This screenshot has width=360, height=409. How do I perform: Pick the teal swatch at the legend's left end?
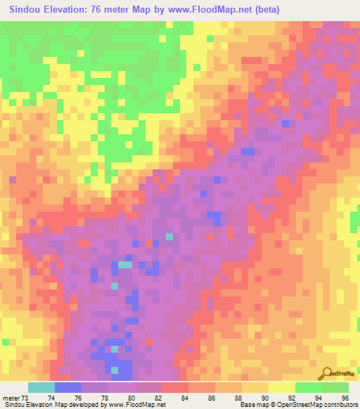click(x=41, y=387)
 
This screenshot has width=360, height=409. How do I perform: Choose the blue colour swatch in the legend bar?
click(x=68, y=387)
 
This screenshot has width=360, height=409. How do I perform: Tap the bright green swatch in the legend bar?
click(x=309, y=387)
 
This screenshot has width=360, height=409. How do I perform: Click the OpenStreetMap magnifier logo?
click(x=327, y=374)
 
